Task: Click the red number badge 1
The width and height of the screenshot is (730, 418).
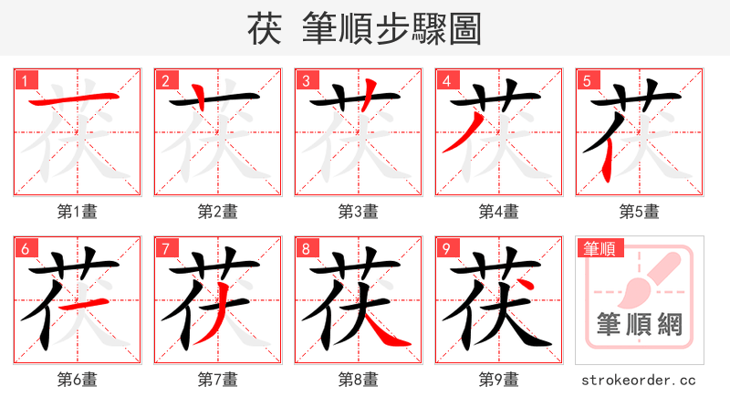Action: pos(26,80)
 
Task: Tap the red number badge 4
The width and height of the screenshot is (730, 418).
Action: pos(447,80)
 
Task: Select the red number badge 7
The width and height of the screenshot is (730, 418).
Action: pos(166,248)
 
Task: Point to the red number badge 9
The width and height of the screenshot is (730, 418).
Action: pos(447,248)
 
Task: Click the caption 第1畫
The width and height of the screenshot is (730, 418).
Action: pos(78,212)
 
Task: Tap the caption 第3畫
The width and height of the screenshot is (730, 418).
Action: pos(359,212)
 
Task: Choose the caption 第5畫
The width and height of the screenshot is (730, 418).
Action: pos(640,212)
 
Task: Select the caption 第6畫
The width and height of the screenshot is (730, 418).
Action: pos(78,380)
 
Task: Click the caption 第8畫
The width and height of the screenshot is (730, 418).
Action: pos(359,380)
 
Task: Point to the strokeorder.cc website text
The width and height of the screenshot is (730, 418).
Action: pos(640,380)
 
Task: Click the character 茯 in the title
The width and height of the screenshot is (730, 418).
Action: pos(265,29)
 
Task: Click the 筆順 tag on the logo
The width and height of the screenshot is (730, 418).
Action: pos(599,248)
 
